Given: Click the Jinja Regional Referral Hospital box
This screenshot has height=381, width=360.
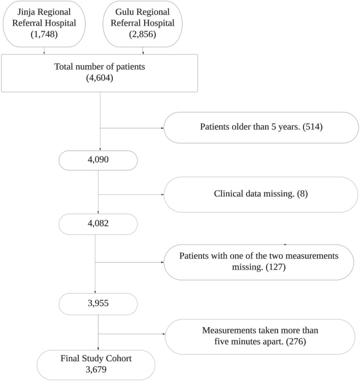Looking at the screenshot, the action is tap(44, 24).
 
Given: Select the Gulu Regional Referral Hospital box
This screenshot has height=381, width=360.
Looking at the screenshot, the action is tap(143, 24).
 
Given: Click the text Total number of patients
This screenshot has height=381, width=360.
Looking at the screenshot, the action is tap(99, 67).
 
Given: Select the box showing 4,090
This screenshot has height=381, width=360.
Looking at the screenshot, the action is tap(98, 160).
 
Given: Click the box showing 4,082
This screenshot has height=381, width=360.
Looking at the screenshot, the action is tap(98, 224).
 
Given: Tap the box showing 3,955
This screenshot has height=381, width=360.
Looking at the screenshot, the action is tap(98, 304).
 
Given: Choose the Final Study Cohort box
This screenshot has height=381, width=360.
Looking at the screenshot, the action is tap(96, 365).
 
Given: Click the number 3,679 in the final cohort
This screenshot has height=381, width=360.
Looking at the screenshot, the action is tap(96, 370).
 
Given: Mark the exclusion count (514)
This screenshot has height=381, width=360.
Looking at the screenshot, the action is tap(313, 127).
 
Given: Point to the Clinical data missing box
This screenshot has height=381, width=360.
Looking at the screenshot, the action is tap(261, 195).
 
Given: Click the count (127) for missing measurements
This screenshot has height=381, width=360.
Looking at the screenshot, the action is tap(276, 267).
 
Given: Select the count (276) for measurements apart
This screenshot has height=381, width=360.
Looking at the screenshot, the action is tap(296, 342).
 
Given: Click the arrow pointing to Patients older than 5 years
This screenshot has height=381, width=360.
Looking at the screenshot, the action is tap(132, 128).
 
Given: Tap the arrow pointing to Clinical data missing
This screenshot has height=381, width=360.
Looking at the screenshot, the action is tap(131, 195).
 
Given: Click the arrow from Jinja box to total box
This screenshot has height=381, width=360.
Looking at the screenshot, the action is tap(44, 51).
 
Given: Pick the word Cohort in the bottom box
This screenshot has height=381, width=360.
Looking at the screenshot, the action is tap(119, 358).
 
